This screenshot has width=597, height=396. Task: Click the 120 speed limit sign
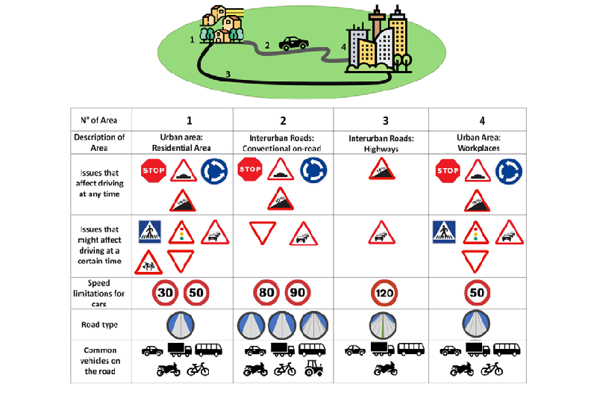tap(381, 294)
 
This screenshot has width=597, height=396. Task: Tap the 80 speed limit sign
tap(266, 293)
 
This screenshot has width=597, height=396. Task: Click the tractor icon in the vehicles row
tap(313, 368)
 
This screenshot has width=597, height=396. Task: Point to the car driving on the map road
tap(293, 43)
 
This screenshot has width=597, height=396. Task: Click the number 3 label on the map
tap(228, 73)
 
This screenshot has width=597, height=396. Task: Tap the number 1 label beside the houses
tap(193, 38)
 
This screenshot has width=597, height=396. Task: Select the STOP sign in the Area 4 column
tap(448, 171)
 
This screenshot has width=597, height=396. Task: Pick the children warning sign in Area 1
tap(148, 262)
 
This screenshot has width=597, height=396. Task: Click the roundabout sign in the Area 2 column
tap(313, 171)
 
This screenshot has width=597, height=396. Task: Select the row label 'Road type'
tap(99, 325)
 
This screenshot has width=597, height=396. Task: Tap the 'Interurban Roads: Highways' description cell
tap(381, 142)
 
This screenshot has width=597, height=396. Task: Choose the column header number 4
tap(477, 120)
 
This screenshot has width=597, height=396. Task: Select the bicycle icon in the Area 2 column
tap(284, 368)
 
